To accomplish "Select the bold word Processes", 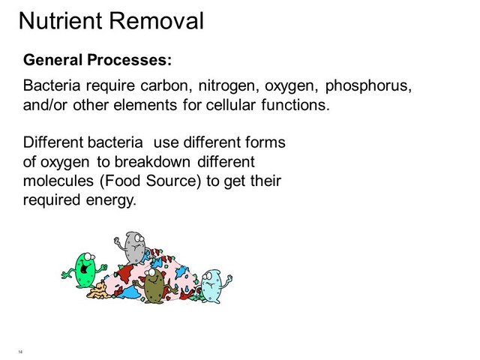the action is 129,60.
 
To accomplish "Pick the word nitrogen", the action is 226,86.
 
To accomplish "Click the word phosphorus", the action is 368,86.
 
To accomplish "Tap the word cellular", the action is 230,105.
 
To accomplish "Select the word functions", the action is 295,105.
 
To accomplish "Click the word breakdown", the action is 152,162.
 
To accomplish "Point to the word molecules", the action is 58,181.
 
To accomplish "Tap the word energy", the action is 111,200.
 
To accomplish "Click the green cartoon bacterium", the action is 84,270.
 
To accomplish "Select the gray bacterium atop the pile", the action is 132,248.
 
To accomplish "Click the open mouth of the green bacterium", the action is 84,268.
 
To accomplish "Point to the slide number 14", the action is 20,352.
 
